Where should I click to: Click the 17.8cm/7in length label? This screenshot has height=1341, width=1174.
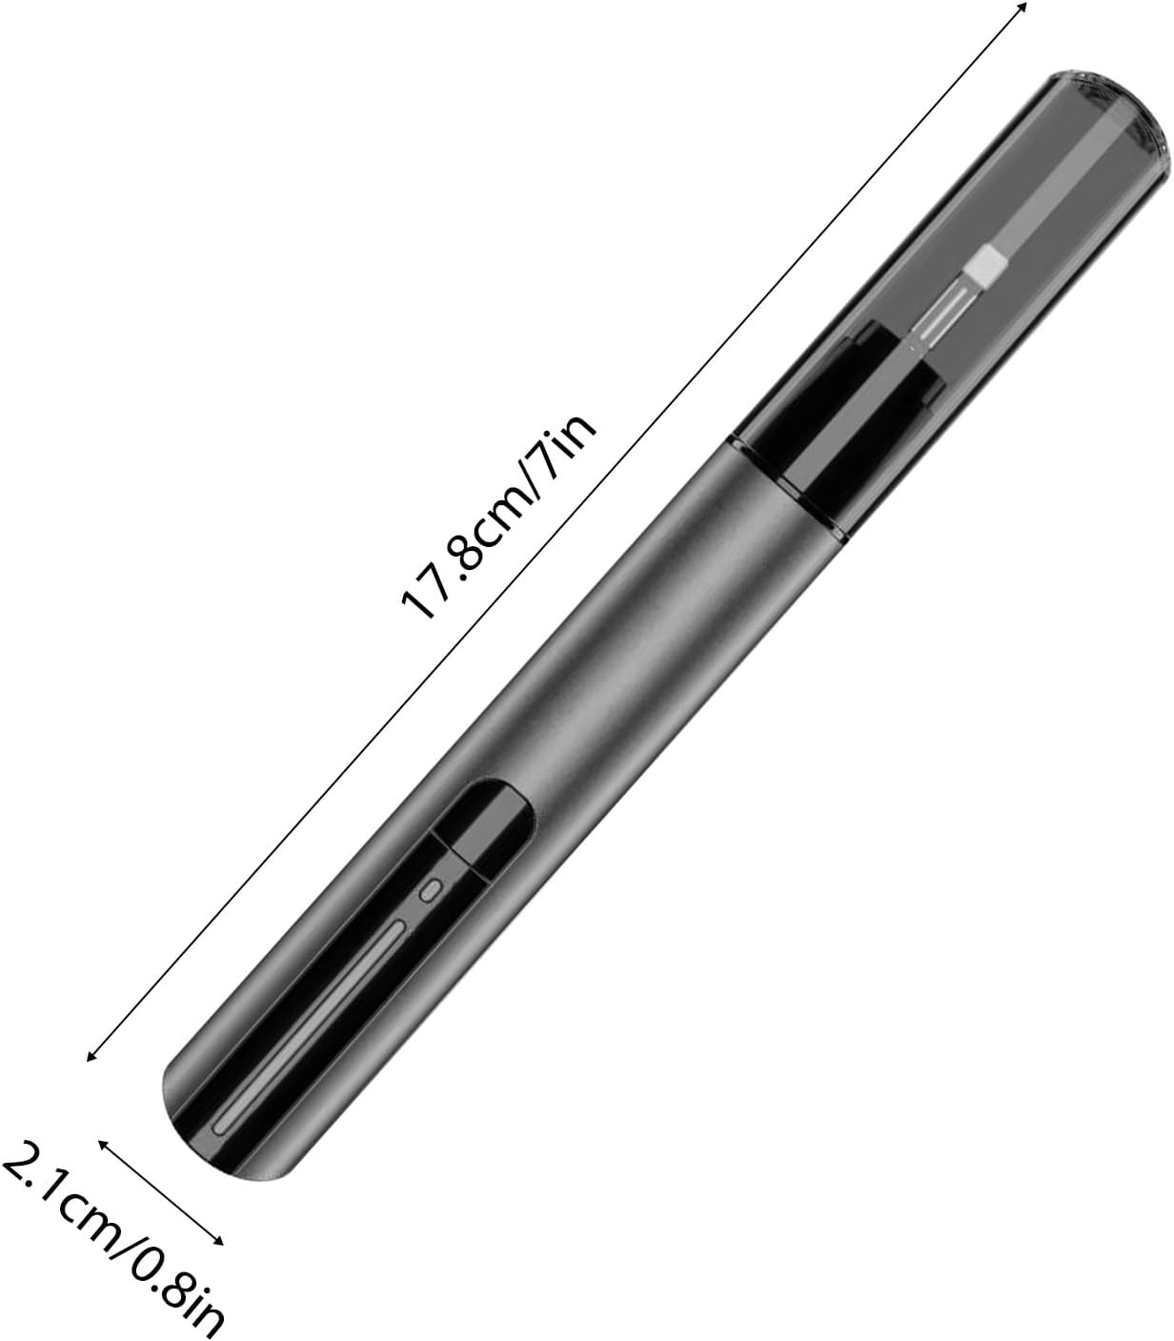point(500,517)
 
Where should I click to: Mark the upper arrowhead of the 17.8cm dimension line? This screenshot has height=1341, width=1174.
point(1022,6)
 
